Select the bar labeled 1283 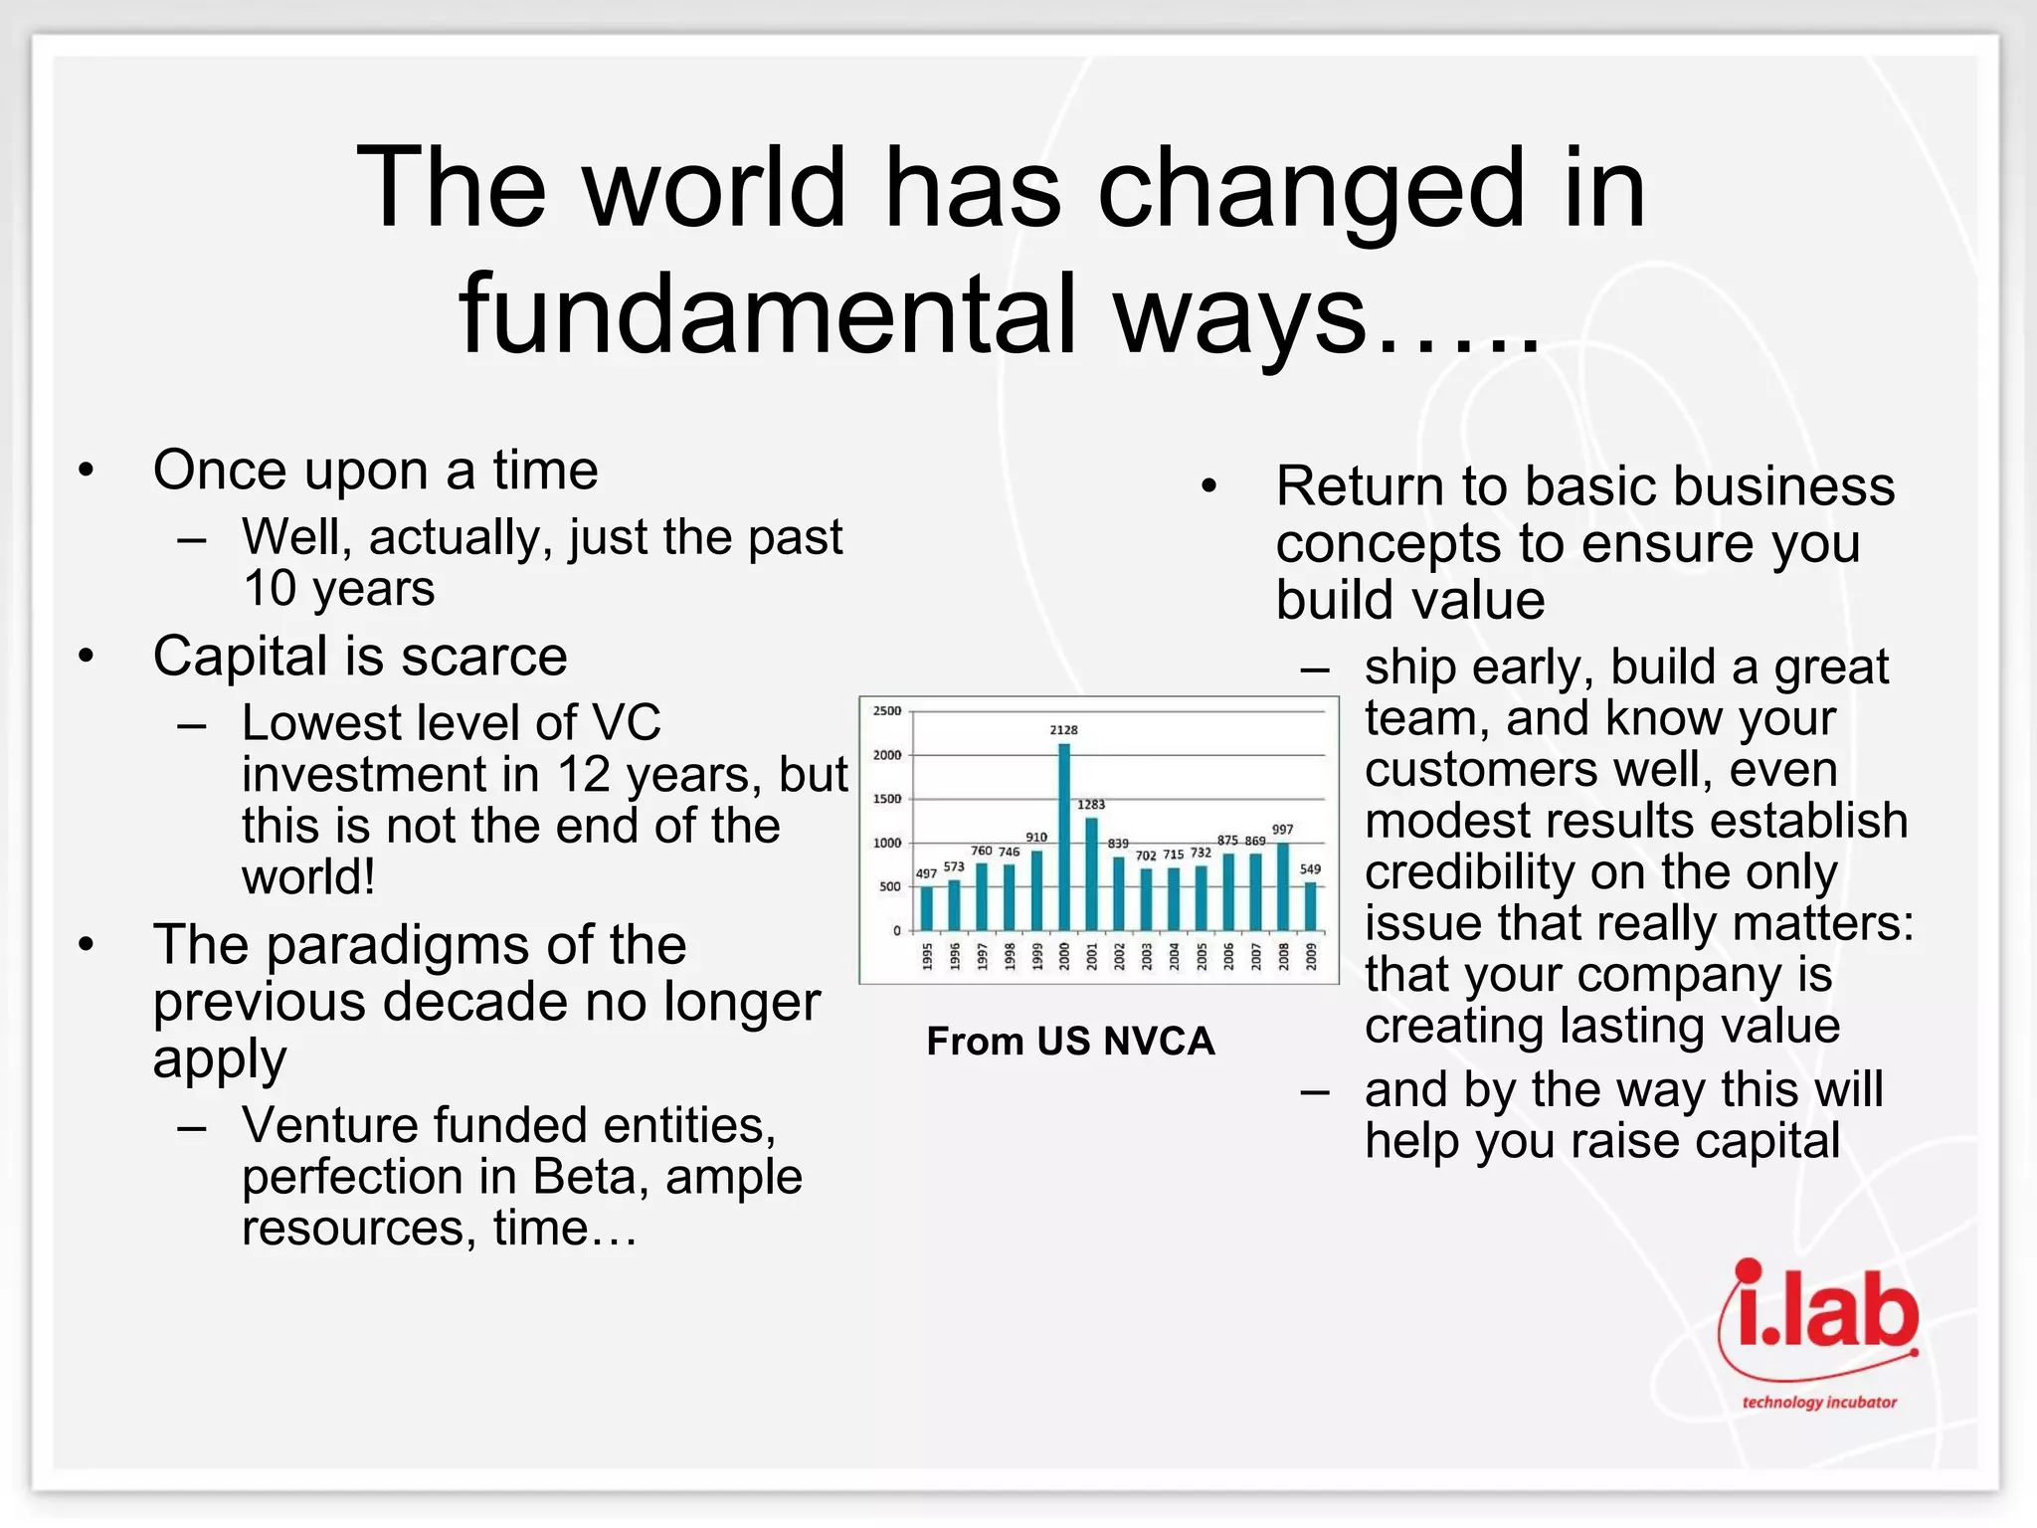coord(1091,873)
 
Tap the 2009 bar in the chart coord(1310,905)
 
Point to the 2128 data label coord(1063,730)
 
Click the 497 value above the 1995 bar coord(926,873)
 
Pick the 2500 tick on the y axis coord(886,711)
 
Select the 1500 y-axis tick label coord(886,799)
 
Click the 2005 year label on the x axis coord(1202,956)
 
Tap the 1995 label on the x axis coord(927,956)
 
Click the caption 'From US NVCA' coord(1070,1042)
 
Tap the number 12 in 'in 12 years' coord(584,775)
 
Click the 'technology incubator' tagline coord(1819,1403)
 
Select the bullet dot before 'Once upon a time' coord(88,470)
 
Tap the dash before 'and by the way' coord(1315,1091)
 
